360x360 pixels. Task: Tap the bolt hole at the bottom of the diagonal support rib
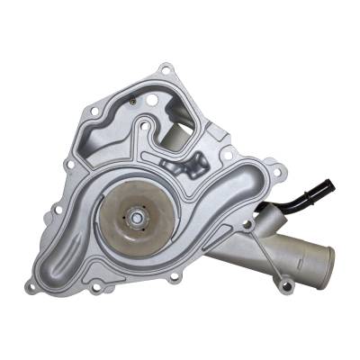point(286,285)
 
